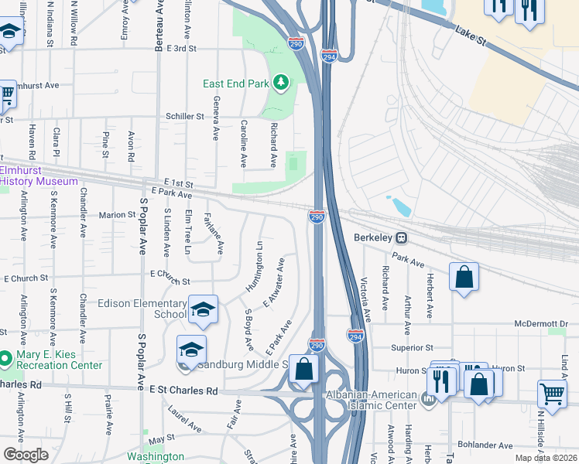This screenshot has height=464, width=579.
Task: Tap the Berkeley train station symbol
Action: point(401,237)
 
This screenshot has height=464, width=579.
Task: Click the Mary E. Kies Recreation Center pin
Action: point(6,358)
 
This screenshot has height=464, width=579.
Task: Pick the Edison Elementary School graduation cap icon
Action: point(203,309)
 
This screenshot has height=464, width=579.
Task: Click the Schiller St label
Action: point(184,117)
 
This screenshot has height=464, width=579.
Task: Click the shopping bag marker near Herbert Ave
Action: point(463,277)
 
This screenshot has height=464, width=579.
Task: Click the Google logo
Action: point(26,454)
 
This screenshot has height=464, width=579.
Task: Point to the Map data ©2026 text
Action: point(545,458)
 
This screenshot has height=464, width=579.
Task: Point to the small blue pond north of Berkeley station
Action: point(401,207)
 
